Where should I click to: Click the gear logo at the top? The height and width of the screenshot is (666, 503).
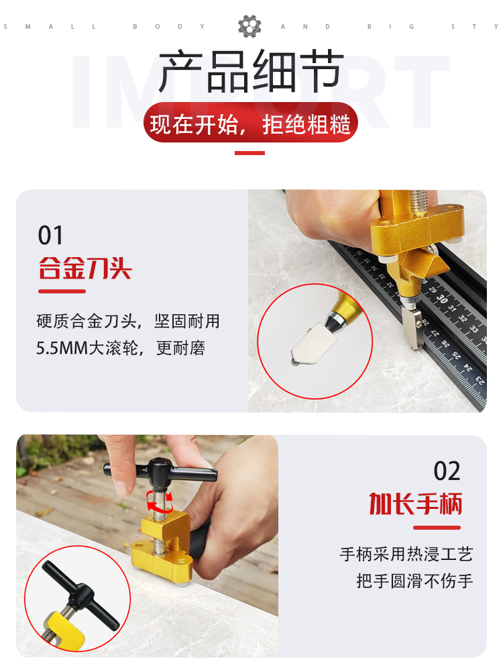(249, 26)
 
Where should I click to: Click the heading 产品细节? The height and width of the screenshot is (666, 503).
(251, 71)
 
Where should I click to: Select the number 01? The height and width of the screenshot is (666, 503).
(50, 235)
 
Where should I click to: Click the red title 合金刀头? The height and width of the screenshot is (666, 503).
(85, 268)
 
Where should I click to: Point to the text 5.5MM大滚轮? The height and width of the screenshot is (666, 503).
(88, 348)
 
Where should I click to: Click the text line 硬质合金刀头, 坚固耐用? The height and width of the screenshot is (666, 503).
(128, 322)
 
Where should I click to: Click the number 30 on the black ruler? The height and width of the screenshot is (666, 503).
(442, 299)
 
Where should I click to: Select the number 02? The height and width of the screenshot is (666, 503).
(447, 471)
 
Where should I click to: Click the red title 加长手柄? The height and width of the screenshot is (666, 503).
(415, 504)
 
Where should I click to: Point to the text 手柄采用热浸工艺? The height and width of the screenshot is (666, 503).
(406, 554)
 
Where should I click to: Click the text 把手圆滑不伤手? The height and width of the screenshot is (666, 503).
(414, 581)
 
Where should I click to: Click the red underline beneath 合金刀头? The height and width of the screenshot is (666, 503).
(62, 291)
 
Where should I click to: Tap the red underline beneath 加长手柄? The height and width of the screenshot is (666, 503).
(437, 528)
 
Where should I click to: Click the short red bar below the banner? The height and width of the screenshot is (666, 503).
(249, 153)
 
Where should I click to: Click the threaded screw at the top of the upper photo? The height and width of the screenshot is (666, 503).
(418, 203)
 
